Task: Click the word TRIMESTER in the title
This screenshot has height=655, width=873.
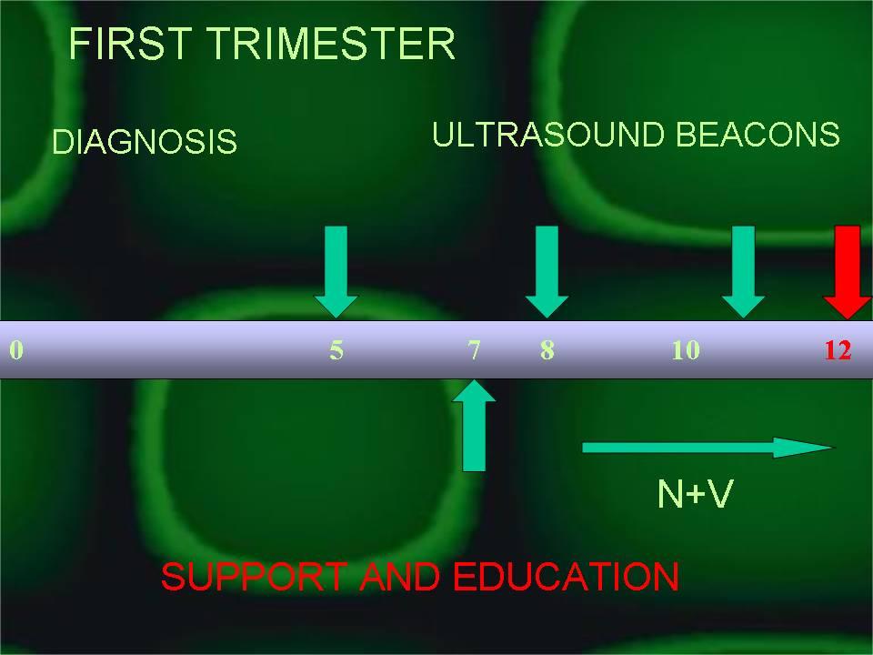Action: tap(332, 44)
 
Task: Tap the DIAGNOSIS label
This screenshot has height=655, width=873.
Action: tap(145, 142)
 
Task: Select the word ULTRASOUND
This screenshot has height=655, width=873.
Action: tap(547, 135)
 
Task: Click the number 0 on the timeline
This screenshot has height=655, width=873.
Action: tap(16, 349)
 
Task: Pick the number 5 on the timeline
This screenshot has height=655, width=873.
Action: tap(336, 350)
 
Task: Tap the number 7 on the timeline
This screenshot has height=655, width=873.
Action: tap(474, 350)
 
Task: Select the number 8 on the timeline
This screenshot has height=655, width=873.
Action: tap(547, 350)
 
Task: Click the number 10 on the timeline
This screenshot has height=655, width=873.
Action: tap(686, 350)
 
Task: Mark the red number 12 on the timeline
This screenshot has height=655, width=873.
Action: tap(838, 350)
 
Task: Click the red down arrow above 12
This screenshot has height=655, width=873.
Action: tap(848, 272)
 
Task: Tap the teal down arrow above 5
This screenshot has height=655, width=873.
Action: tap(336, 272)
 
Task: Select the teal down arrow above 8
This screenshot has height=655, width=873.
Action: tap(547, 272)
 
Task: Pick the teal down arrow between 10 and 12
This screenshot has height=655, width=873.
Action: tap(743, 272)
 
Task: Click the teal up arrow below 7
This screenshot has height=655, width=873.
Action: tap(474, 426)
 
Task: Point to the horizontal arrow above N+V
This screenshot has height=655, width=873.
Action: tap(708, 448)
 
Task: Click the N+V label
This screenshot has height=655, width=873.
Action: tap(696, 493)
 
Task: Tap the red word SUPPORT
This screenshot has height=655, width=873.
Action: tap(254, 577)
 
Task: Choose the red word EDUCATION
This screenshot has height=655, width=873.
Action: tap(566, 577)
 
